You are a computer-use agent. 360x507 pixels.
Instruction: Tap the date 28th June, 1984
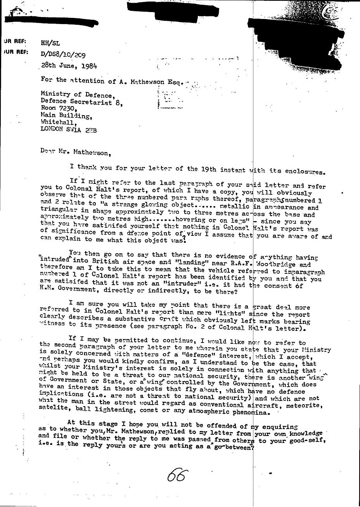coord(69,66)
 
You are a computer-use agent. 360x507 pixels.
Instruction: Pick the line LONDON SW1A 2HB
coord(68,130)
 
